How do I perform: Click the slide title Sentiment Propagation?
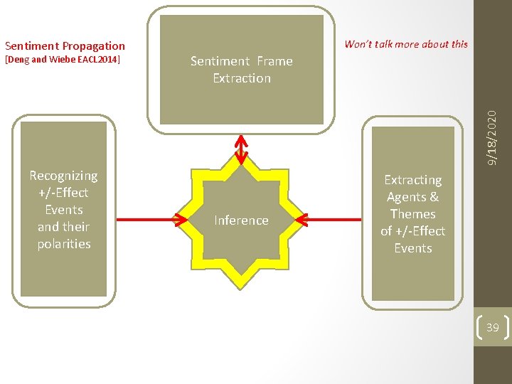coord(65,46)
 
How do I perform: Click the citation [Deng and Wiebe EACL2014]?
coord(63,60)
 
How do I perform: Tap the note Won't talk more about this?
coord(406,44)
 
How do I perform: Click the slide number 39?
coord(492,328)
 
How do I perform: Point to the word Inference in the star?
coord(241,220)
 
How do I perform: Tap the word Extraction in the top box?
coord(242,78)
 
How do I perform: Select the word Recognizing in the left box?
coord(63,176)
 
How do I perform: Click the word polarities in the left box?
coord(64,244)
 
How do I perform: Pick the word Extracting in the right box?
coord(412,180)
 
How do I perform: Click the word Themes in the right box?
coord(412,214)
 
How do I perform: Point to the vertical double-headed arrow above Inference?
coord(242,149)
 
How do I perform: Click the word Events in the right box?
coord(412,248)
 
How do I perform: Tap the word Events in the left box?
coord(63,210)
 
